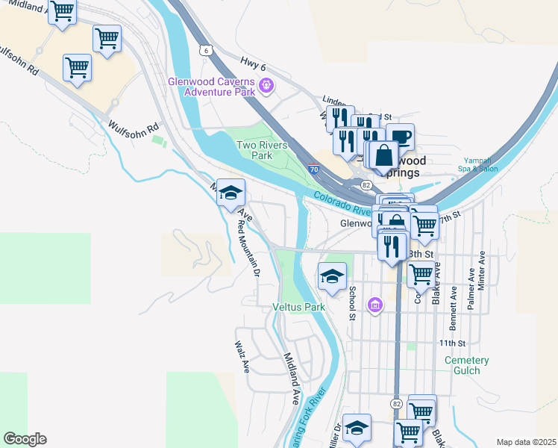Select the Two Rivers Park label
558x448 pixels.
point(261,150)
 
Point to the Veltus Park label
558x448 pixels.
point(299,307)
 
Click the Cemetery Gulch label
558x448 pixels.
point(467,365)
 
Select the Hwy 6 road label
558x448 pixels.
point(254,64)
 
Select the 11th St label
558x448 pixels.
point(451,343)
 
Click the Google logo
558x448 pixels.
point(25,439)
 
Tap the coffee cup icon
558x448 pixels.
point(400,137)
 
